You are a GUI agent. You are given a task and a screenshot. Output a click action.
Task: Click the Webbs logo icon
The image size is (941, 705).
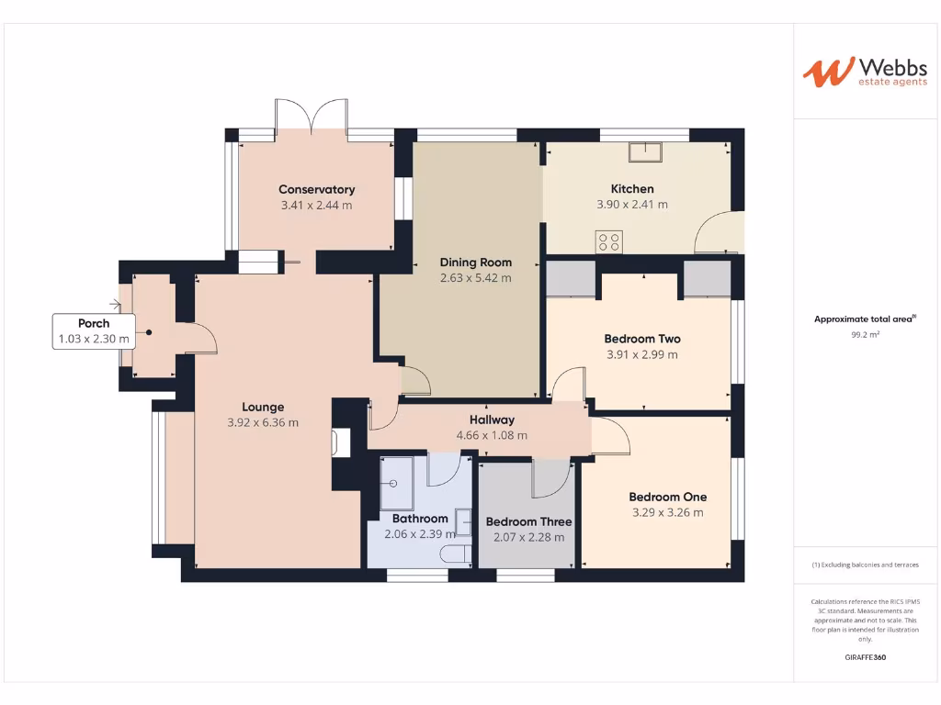(x=826, y=73)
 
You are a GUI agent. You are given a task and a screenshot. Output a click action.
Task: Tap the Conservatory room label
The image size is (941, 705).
(x=316, y=190)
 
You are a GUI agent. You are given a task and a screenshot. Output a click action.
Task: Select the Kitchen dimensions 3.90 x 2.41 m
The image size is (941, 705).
(x=632, y=205)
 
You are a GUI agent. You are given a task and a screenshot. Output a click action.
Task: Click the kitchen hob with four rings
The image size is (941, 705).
(x=609, y=241)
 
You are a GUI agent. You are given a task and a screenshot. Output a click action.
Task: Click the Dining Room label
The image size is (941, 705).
(x=475, y=263)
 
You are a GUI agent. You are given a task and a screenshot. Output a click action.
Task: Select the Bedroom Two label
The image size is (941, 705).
(x=642, y=339)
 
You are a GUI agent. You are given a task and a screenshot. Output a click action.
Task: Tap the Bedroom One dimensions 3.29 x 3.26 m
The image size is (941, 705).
(x=668, y=513)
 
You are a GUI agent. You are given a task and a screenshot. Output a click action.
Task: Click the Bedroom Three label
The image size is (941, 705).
(x=528, y=522)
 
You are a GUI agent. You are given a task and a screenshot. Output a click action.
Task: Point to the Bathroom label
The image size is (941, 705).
(x=420, y=519)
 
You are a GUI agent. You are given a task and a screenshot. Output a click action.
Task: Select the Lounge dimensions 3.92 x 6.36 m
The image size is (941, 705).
(x=263, y=423)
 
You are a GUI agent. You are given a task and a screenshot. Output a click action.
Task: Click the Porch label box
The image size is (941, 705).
(x=94, y=331)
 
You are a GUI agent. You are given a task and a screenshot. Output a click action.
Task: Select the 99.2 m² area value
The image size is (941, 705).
(x=865, y=335)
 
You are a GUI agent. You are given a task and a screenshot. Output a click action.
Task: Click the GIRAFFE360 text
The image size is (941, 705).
(x=865, y=657)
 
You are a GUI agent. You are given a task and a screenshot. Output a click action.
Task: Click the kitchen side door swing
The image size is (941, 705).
(x=716, y=233)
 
